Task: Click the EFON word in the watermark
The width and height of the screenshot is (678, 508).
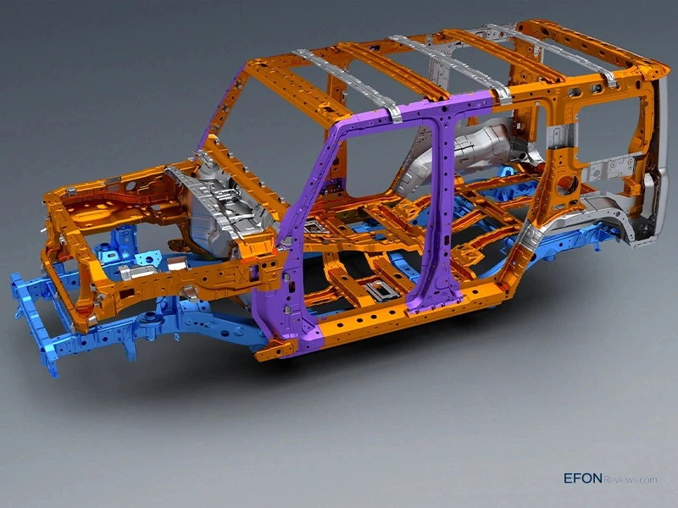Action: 582,478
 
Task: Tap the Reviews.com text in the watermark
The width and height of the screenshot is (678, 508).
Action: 630,479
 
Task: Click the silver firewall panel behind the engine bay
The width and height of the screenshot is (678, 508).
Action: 216,212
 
